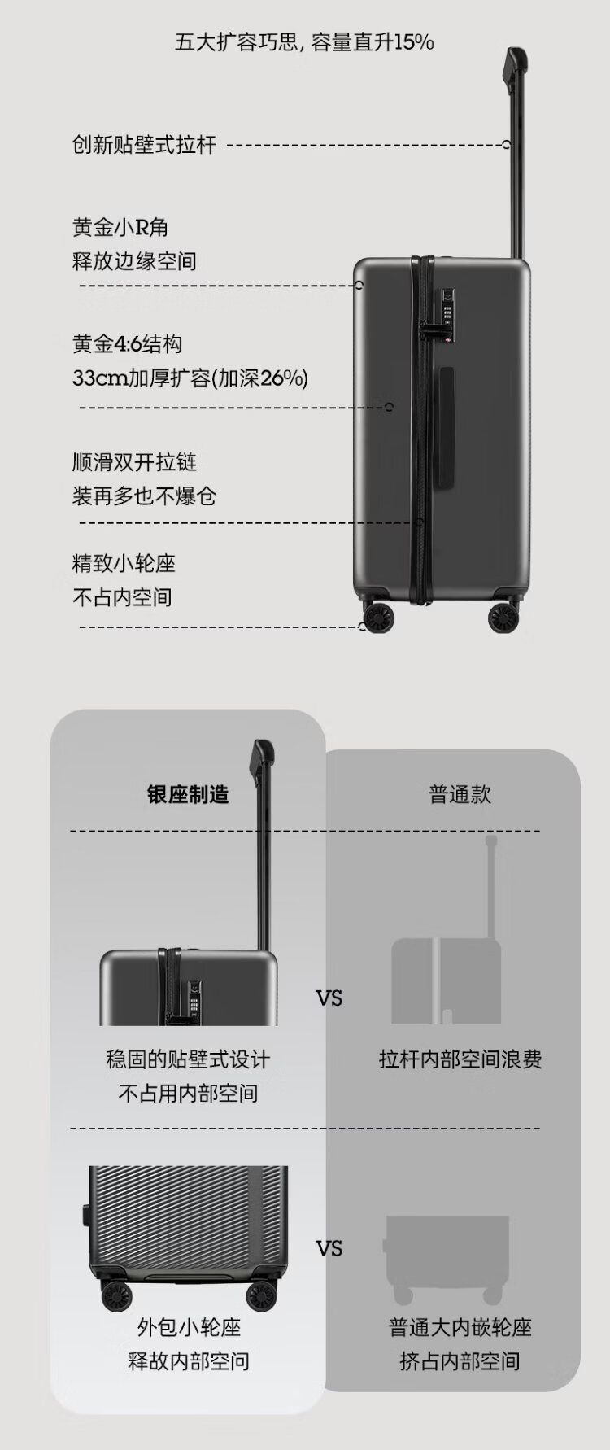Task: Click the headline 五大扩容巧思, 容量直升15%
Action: click(304, 42)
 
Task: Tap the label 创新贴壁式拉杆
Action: click(144, 145)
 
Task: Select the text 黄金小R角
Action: click(120, 227)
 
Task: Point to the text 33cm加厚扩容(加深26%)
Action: click(190, 378)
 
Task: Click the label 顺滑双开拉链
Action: click(134, 462)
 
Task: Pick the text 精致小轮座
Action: click(124, 563)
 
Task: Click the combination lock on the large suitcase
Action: click(447, 308)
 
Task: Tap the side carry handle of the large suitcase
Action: click(445, 427)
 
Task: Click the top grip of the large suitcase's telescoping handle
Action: click(514, 65)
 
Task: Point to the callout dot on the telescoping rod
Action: click(506, 145)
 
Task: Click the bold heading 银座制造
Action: click(188, 794)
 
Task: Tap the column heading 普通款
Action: click(460, 794)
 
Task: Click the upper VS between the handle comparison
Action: click(329, 998)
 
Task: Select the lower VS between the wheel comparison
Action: click(329, 1248)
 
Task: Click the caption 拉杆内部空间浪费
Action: click(460, 1059)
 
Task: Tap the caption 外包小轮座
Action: click(189, 1327)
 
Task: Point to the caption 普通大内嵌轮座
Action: click(460, 1327)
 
